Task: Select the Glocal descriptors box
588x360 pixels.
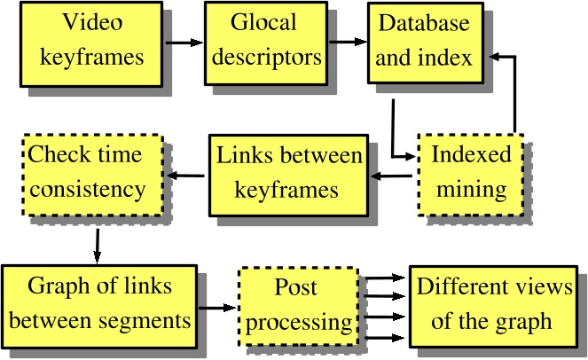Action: [x=263, y=40]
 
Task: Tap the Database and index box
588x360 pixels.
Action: [x=421, y=42]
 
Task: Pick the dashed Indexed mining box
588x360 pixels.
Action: [x=471, y=172]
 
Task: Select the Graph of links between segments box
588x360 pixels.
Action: [x=99, y=303]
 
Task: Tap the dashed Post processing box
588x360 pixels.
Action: [x=296, y=304]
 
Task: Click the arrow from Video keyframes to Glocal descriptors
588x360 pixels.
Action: [x=184, y=42]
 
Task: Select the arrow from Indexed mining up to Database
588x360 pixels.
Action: [x=512, y=89]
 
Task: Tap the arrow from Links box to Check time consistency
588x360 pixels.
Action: [x=188, y=174]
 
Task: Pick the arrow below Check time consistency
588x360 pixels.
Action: [x=97, y=245]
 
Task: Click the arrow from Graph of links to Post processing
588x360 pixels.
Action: [x=217, y=309]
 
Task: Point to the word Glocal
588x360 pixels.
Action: [x=263, y=21]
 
